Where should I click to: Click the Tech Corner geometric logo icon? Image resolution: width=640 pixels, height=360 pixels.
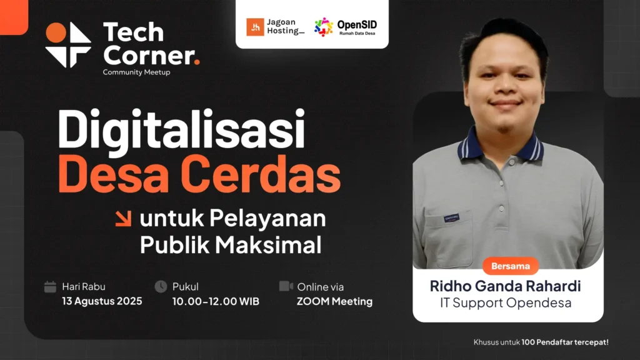68,44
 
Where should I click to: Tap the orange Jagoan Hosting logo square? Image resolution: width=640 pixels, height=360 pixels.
255,27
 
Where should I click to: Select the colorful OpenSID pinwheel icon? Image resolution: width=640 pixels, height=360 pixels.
324,27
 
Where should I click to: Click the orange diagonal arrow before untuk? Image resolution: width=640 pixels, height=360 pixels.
123,218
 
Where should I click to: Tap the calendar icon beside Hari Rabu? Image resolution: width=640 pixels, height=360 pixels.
50,286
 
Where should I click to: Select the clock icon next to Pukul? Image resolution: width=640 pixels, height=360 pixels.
161,286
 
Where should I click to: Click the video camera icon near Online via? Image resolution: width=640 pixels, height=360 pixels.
286,286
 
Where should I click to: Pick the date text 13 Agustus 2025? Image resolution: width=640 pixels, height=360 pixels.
102,301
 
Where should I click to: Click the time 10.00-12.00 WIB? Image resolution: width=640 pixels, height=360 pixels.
216,302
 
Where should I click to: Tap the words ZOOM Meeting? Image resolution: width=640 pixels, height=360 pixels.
335,302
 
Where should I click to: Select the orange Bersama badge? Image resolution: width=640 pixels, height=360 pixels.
511,266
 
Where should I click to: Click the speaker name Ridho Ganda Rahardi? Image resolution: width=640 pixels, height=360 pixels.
505,286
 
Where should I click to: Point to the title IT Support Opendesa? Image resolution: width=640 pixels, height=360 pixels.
506,303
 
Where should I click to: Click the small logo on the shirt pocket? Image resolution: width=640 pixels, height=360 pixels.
451,218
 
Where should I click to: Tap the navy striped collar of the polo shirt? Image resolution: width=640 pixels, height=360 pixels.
501,147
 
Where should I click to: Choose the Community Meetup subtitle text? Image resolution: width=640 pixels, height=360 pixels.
136,72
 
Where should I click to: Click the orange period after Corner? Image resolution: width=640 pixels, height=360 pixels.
197,62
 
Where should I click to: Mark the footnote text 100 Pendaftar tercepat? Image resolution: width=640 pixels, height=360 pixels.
565,342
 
